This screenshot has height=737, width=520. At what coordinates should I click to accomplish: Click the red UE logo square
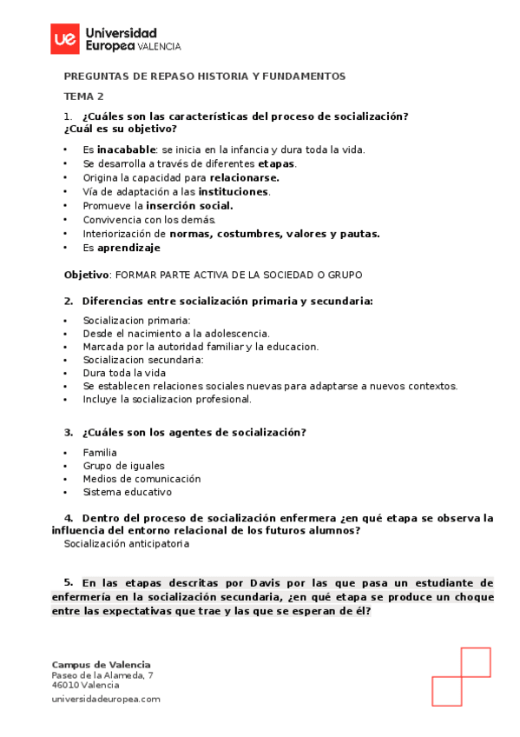(64, 38)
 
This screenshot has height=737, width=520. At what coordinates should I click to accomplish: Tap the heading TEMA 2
(84, 96)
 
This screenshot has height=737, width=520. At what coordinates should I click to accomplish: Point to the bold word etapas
(277, 163)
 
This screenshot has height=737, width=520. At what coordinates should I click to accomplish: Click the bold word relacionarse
(245, 177)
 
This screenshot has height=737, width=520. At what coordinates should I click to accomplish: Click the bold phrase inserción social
(189, 206)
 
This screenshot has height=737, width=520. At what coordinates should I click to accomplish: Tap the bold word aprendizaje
(128, 248)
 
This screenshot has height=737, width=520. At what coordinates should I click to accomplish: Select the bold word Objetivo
(86, 275)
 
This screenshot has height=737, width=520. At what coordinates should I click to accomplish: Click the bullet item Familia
(100, 453)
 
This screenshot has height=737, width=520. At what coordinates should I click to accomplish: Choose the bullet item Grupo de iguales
(123, 466)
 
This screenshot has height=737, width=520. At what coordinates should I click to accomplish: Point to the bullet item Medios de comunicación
(142, 479)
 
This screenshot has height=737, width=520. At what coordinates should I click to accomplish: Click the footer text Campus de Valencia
(101, 664)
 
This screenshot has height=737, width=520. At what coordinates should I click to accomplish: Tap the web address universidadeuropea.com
(106, 699)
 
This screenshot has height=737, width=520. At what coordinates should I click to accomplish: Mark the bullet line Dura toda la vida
(124, 373)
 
